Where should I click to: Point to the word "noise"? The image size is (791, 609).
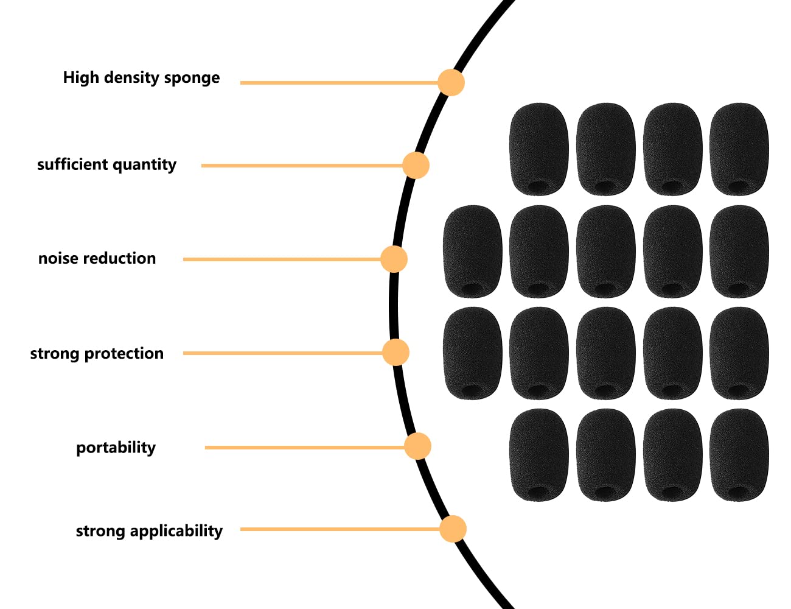58,258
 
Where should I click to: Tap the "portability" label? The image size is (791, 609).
116,448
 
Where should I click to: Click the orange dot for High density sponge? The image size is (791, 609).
451,82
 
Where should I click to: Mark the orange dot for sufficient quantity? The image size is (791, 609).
416,165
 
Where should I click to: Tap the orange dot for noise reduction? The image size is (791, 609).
394,259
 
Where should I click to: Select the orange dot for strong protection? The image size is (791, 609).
395,353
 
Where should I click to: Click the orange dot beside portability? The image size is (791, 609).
418,446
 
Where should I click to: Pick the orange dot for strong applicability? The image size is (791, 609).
453,529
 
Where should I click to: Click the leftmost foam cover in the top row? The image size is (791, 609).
538,149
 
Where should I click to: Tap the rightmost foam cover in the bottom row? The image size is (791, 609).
739,455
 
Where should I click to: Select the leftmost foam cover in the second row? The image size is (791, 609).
472,251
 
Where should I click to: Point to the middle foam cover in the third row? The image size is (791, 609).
605,353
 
